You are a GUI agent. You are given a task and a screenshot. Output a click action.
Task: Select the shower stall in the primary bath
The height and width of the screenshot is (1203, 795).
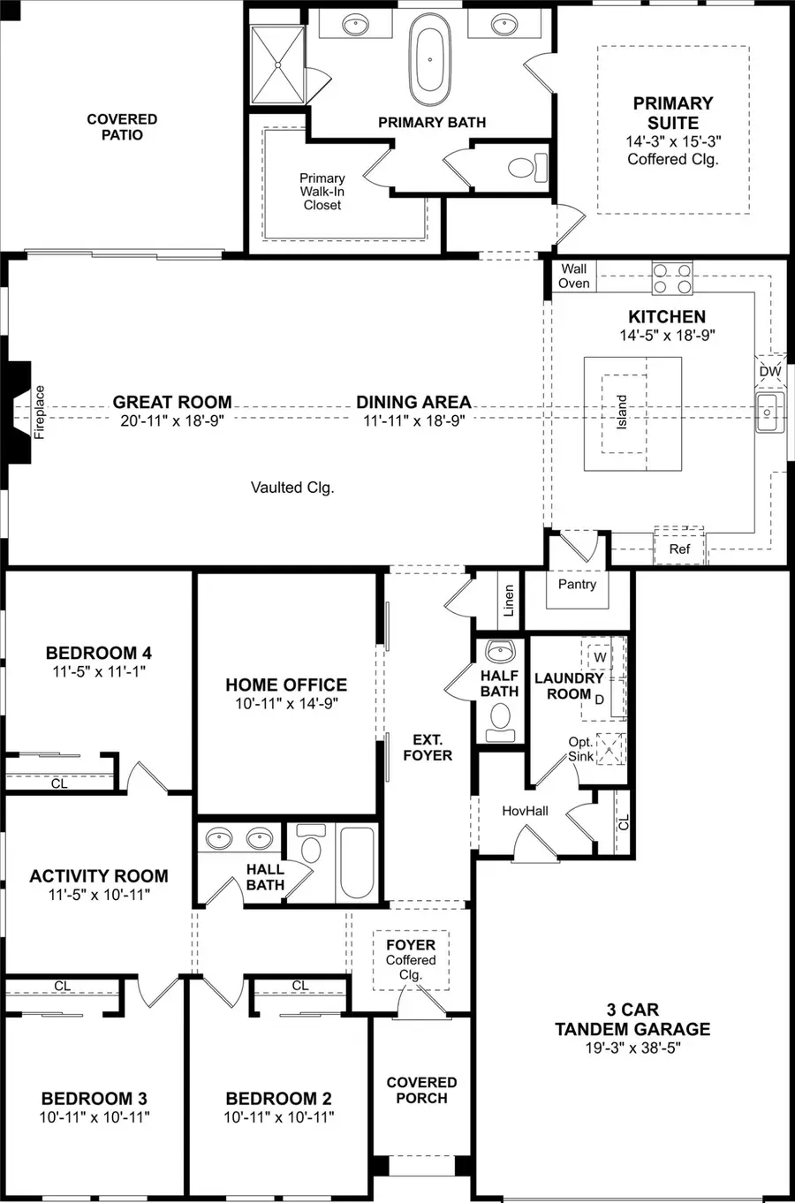pyautogui.click(x=278, y=64)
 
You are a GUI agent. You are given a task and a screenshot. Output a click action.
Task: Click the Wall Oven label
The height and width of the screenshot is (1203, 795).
pyautogui.click(x=573, y=276)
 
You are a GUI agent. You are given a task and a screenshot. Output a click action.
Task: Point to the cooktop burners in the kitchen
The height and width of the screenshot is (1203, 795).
pyautogui.click(x=672, y=278)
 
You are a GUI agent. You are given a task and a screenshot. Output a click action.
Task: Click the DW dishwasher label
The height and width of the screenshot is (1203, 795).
pyautogui.click(x=770, y=371)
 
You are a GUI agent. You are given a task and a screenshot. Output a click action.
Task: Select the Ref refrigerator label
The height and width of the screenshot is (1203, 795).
pyautogui.click(x=679, y=549)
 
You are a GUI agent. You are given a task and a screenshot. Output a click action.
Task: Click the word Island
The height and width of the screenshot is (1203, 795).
pyautogui.click(x=622, y=412)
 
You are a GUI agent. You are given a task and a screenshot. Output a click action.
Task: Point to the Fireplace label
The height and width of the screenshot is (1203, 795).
pyautogui.click(x=39, y=412)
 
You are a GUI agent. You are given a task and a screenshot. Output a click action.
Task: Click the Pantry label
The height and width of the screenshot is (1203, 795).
pyautogui.click(x=577, y=584)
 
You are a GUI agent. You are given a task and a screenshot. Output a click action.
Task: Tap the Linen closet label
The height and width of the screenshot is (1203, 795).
pyautogui.click(x=509, y=601)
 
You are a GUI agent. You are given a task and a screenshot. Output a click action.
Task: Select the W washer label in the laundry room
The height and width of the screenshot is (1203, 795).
pyautogui.click(x=600, y=657)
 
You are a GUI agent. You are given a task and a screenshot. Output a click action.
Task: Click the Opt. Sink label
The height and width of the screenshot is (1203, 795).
pyautogui.click(x=580, y=749)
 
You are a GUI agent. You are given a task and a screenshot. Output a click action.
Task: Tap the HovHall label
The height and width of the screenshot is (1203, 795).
pyautogui.click(x=525, y=810)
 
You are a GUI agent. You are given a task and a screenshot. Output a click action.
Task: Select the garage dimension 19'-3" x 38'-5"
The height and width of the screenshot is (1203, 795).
pyautogui.click(x=632, y=1048)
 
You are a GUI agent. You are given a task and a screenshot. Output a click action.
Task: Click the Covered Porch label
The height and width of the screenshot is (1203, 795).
pyautogui.click(x=421, y=1090)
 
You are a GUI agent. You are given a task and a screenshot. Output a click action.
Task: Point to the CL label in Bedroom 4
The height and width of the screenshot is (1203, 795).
pyautogui.click(x=58, y=783)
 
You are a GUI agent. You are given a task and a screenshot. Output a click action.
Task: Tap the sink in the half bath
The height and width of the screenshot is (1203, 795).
pyautogui.click(x=500, y=652)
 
